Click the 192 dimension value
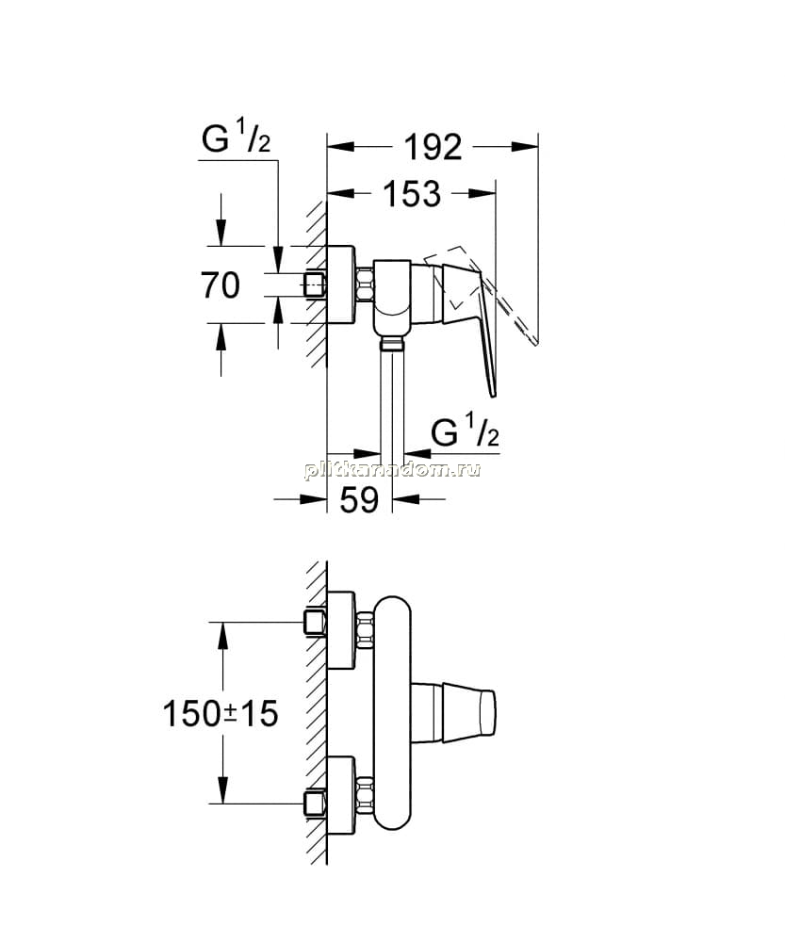[433, 147]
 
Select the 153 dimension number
[412, 194]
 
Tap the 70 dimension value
[221, 284]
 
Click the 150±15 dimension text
[221, 714]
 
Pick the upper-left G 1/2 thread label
[237, 138]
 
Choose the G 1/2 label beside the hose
[466, 432]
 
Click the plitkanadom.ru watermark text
[392, 470]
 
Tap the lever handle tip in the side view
[494, 395]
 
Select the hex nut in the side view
[365, 284]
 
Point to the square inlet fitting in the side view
[315, 284]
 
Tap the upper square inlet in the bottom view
[315, 623]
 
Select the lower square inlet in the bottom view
[315, 804]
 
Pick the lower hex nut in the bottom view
[365, 794]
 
